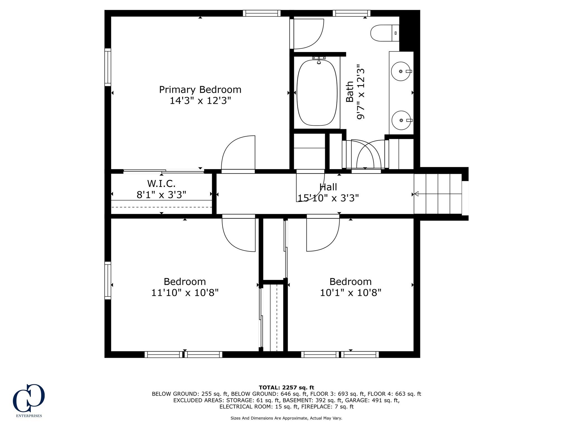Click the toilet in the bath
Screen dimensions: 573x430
pos(385,33)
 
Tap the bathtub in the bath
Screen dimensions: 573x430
pos(317,93)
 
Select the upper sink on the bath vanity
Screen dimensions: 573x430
pos(401,71)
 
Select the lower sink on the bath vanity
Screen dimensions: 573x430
pos(401,120)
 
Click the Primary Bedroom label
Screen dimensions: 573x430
pos(200,90)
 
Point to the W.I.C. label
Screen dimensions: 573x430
pos(161,184)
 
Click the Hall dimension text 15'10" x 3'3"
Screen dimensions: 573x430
pos(328,198)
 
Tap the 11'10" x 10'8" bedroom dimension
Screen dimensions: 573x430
pos(185,293)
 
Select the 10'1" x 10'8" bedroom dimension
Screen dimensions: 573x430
pos(351,293)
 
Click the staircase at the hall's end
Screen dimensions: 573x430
pos(438,194)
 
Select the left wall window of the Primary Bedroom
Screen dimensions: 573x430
pos(108,67)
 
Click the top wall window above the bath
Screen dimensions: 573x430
pos(351,13)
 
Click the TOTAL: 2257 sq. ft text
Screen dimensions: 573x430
pos(286,387)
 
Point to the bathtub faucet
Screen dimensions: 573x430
pos(319,60)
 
